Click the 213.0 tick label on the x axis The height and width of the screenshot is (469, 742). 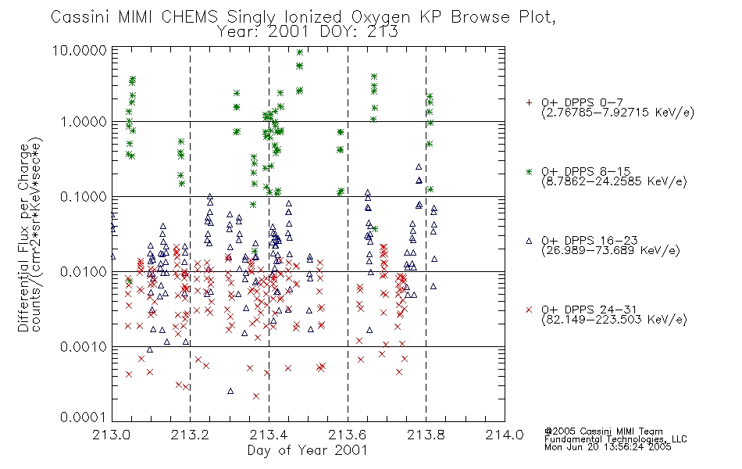tap(112, 435)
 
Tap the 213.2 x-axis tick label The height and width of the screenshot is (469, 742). tap(191, 435)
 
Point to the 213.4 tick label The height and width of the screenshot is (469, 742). tap(269, 435)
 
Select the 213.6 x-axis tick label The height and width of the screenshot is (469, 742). tap(348, 435)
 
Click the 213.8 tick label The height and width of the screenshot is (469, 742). tap(426, 435)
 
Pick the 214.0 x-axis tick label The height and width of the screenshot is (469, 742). tap(505, 435)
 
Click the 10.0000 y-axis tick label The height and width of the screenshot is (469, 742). tap(80, 50)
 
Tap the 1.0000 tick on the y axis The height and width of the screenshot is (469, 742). tap(84, 122)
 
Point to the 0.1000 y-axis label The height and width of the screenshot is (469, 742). tap(84, 197)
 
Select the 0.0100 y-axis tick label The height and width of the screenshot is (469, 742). tap(84, 272)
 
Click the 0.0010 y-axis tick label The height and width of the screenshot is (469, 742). tap(84, 347)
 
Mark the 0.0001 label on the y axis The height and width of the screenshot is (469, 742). tap(84, 417)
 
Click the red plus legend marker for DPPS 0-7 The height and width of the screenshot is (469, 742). tap(529, 102)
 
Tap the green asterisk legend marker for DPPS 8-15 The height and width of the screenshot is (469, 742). tap(529, 171)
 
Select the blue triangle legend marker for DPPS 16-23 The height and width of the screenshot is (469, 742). tap(529, 241)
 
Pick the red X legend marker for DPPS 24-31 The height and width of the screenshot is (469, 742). tap(529, 310)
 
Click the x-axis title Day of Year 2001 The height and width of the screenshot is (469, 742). tap(308, 450)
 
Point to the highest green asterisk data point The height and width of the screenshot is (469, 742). tap(300, 52)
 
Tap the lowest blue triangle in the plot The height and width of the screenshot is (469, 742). tap(230, 391)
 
